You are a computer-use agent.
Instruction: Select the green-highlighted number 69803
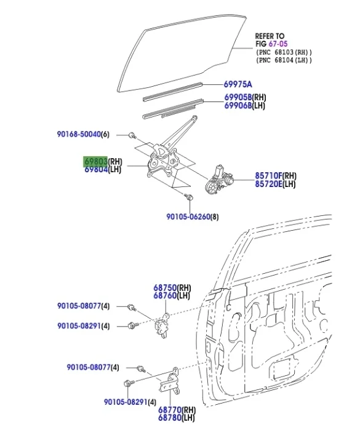coord(95,161)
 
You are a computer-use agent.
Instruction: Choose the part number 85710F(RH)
coord(276,175)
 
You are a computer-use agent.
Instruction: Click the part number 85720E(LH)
coord(275,183)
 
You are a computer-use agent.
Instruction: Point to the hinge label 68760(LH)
coord(172,296)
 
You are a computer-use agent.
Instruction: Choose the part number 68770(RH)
coord(177,409)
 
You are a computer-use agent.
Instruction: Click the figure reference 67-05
coord(279,44)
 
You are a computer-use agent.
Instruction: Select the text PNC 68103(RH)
coord(284,52)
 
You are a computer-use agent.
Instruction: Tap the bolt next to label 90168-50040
coord(132,135)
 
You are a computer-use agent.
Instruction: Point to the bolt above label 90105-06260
coord(189,198)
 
